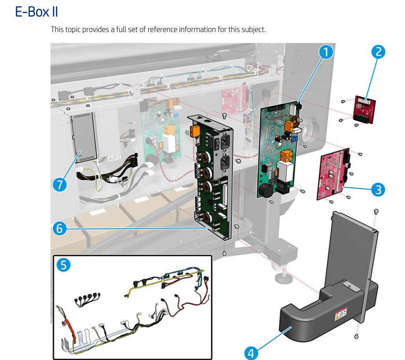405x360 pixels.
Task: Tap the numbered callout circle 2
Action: (378, 52)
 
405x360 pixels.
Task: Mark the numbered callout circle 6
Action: (60, 229)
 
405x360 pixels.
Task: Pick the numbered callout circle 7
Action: (60, 185)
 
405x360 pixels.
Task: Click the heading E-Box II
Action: (36, 12)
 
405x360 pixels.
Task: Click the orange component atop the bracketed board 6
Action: (196, 131)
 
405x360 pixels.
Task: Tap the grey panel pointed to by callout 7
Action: (84, 138)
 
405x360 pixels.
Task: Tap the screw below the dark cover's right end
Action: (356, 336)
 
